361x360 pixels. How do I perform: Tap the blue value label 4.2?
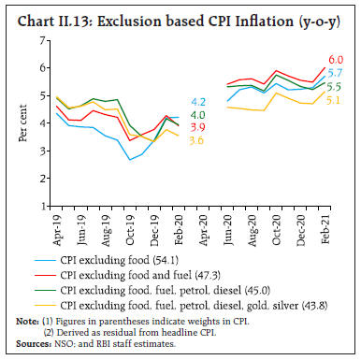198,102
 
